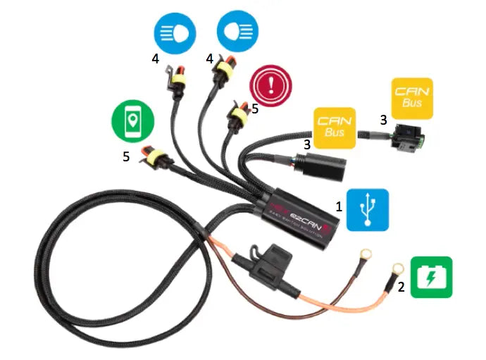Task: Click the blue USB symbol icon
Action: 367,210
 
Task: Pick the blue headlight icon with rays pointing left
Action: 175,33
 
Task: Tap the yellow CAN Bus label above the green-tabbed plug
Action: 412,98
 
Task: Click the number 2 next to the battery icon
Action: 400,287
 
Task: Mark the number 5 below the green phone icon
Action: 126,156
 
